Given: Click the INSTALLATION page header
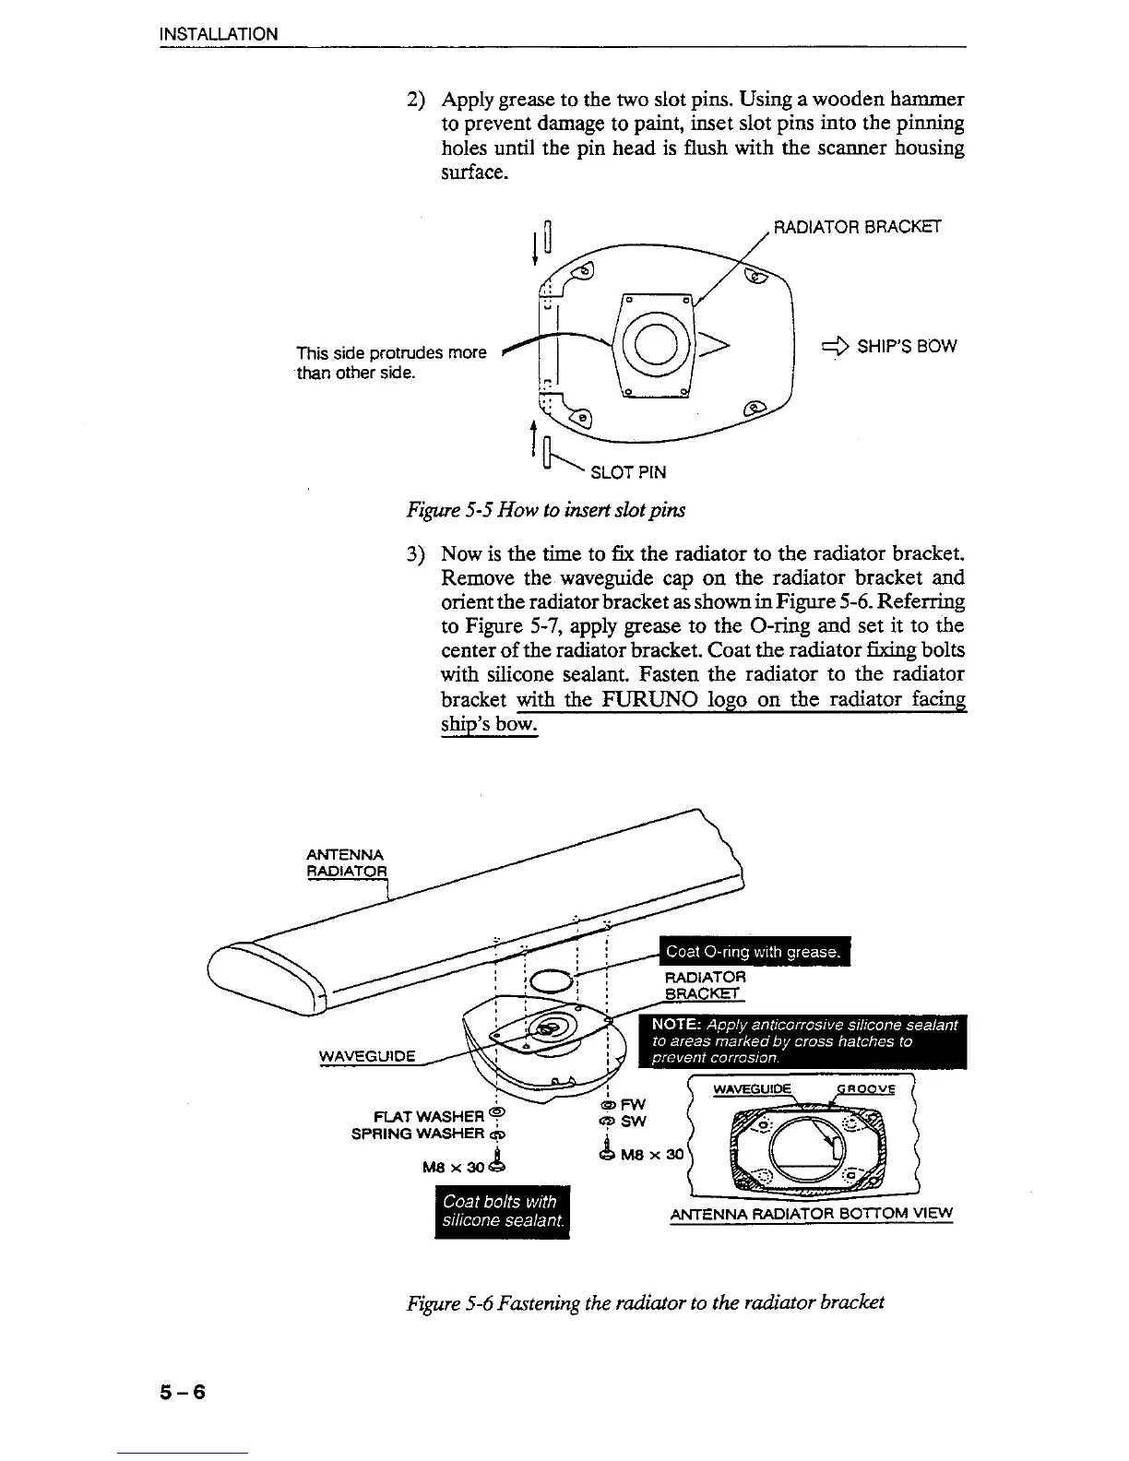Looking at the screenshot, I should coord(218,35).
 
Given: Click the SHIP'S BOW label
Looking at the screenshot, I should coord(907,347).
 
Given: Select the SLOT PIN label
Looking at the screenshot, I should coord(627,473).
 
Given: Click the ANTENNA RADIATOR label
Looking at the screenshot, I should coord(347,862).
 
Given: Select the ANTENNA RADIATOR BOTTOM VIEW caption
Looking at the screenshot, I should coord(811,1213).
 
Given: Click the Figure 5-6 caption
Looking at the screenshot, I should coord(646,1302).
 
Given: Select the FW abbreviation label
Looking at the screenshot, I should coord(634,1104).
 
